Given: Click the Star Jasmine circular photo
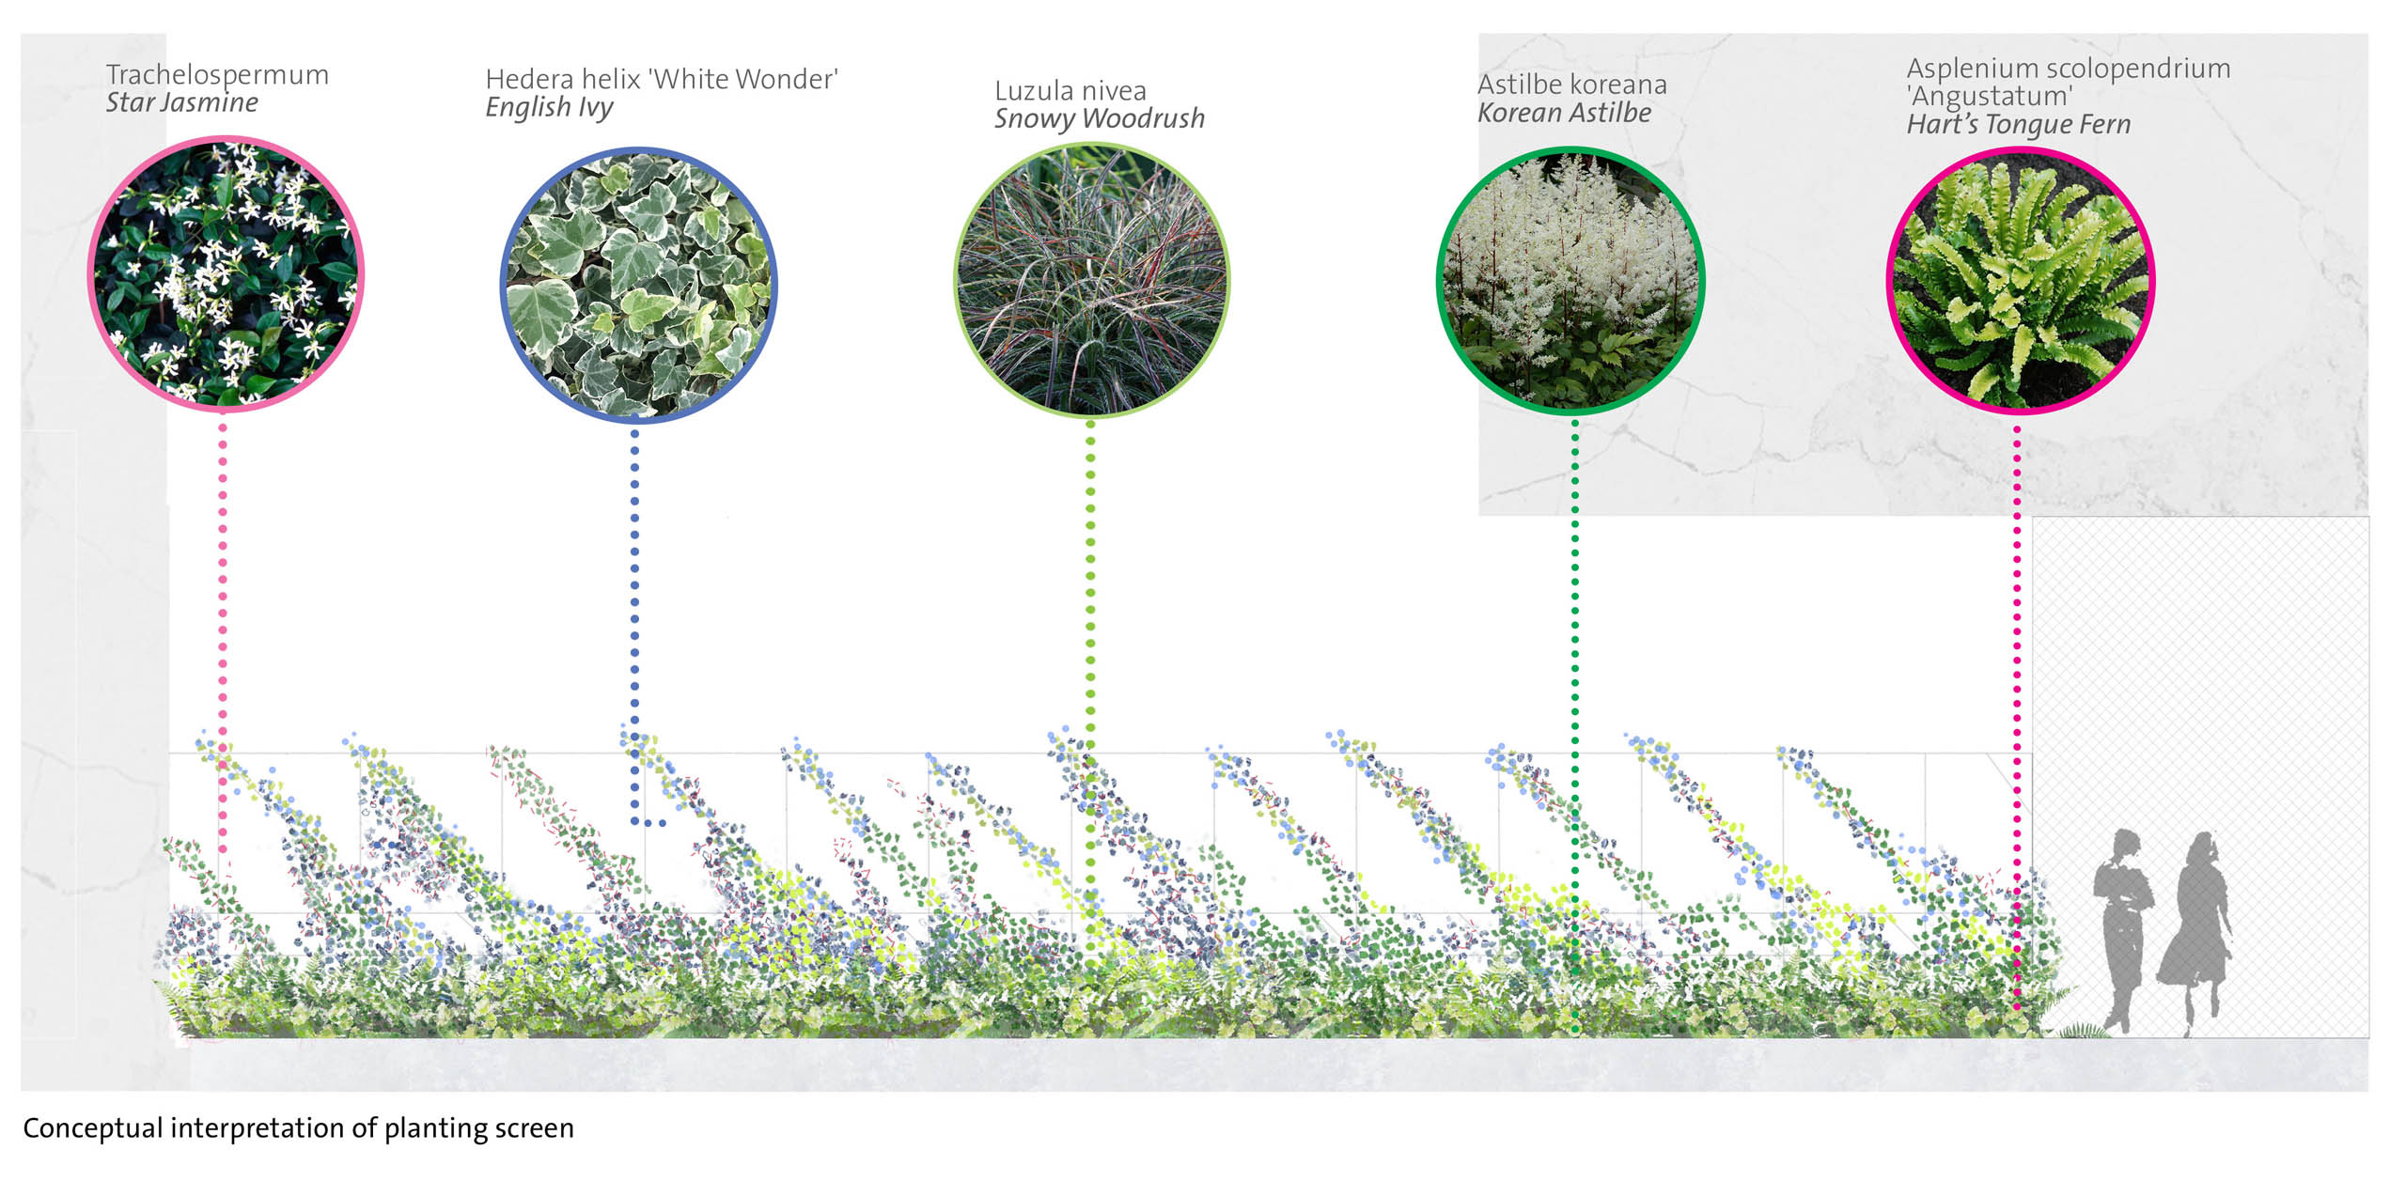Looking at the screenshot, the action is tap(226, 273).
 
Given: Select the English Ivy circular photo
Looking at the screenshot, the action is tap(639, 285).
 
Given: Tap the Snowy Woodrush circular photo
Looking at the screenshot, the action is tap(1091, 279).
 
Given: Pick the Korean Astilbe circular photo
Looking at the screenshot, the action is tap(1571, 279).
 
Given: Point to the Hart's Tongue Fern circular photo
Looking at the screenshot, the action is tap(2021, 280).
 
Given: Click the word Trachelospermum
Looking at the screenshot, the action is tap(217, 74).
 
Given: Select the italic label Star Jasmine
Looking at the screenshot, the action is tap(181, 102).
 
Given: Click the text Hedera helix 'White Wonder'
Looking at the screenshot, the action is tap(662, 79).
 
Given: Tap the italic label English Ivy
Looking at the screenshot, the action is tap(550, 108).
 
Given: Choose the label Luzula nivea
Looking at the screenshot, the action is tap(1070, 91).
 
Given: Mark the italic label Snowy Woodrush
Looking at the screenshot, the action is tap(1100, 118).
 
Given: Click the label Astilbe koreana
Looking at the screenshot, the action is tap(1572, 85).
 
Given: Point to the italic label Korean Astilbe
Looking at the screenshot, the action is tap(1565, 113).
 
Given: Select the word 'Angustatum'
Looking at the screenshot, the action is tap(1990, 97).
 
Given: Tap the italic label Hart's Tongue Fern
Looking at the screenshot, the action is tap(2019, 125).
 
